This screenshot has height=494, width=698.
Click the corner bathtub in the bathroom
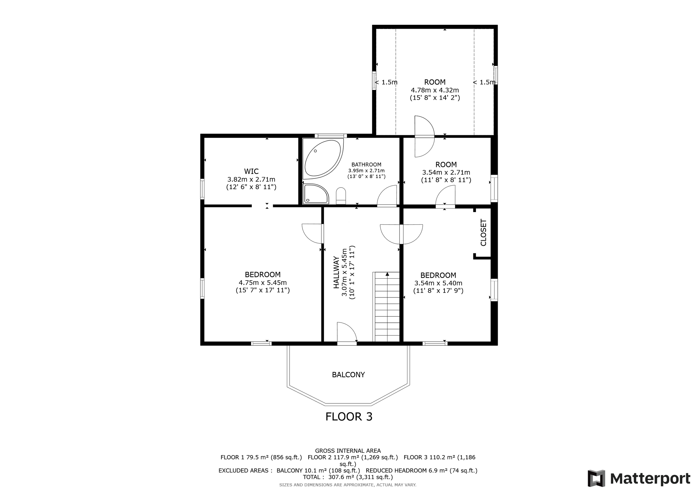(323, 159)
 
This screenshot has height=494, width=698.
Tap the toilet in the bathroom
(341, 196)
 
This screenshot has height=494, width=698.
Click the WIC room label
(251, 171)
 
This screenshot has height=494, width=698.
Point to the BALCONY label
(348, 375)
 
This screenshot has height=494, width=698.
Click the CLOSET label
(483, 232)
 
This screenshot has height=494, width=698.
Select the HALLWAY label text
(336, 272)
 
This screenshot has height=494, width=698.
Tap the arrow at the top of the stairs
(387, 274)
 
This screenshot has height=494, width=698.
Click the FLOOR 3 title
(349, 417)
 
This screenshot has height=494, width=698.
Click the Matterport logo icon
(596, 478)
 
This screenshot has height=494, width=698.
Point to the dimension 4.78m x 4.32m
(435, 90)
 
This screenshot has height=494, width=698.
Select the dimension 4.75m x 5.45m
(263, 282)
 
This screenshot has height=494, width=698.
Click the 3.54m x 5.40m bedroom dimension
(438, 283)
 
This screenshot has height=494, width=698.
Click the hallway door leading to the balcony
(347, 333)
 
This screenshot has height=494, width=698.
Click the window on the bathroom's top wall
(331, 136)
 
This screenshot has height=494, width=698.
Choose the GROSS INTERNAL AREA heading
(348, 451)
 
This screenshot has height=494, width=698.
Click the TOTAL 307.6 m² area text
(348, 477)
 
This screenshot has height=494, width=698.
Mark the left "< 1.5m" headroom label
(386, 82)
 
